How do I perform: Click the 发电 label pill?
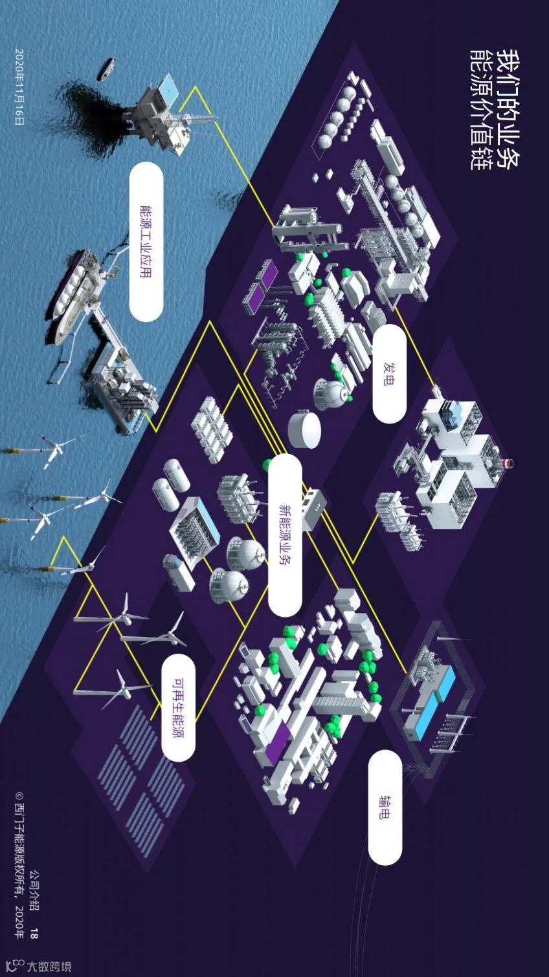tap(390, 374)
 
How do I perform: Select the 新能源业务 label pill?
tap(285, 535)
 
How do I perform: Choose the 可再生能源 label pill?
tap(178, 707)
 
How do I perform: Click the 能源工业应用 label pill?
tap(146, 241)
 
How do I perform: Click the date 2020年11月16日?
tap(19, 87)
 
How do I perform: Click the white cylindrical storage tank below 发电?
tap(304, 429)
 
